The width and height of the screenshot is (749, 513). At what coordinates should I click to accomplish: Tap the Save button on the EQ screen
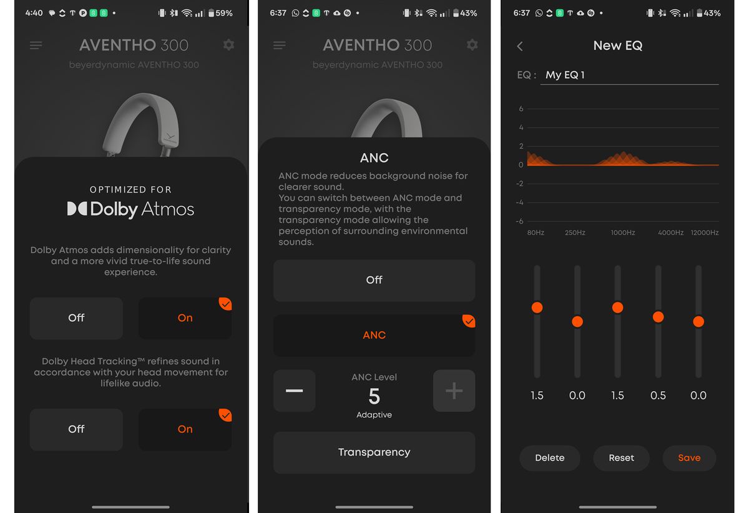pyautogui.click(x=689, y=458)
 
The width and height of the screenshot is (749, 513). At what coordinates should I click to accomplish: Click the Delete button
pyautogui.click(x=549, y=458)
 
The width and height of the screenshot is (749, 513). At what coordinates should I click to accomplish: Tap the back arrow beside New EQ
pyautogui.click(x=520, y=46)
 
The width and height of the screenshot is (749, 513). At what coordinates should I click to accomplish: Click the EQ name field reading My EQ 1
pyautogui.click(x=629, y=75)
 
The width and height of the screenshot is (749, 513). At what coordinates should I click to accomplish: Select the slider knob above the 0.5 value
pyautogui.click(x=658, y=317)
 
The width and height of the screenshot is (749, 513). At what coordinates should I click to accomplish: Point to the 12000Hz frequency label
pyautogui.click(x=704, y=232)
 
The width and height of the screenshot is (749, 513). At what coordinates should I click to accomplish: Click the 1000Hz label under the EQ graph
pyautogui.click(x=622, y=232)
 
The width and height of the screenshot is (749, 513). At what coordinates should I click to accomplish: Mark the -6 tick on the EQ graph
pyautogui.click(x=521, y=221)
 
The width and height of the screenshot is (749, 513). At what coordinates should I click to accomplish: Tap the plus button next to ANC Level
pyautogui.click(x=454, y=391)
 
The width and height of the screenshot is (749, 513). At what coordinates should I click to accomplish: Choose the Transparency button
pyautogui.click(x=374, y=452)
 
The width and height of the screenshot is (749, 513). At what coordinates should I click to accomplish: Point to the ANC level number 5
pyautogui.click(x=374, y=397)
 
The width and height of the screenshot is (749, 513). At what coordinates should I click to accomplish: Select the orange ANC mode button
pyautogui.click(x=374, y=336)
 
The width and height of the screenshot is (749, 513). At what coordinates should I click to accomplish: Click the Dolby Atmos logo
pyautogui.click(x=130, y=209)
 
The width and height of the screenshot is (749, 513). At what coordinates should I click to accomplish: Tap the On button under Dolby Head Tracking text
pyautogui.click(x=185, y=429)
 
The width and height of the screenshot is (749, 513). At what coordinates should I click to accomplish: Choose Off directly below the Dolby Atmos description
pyautogui.click(x=76, y=318)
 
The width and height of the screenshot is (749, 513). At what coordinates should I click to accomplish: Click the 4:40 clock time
pyautogui.click(x=34, y=13)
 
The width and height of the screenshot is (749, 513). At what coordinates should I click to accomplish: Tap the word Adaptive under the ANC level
pyautogui.click(x=374, y=415)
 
